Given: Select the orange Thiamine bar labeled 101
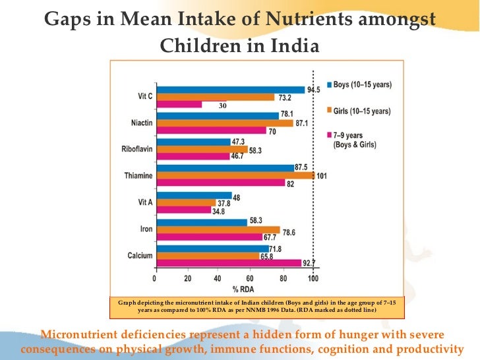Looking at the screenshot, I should click(x=235, y=176).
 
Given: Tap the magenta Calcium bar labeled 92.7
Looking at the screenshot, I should click(x=228, y=262).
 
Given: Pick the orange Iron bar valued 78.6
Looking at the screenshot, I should click(x=218, y=230).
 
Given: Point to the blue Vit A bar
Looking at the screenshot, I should click(x=193, y=196).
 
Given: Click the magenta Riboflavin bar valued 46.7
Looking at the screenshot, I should click(x=192, y=156).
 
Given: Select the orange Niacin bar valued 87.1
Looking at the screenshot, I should click(x=224, y=123).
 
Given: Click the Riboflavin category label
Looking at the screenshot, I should click(x=136, y=149).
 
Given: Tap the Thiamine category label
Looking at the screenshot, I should click(x=137, y=176).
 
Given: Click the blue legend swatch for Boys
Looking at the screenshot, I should click(x=328, y=84).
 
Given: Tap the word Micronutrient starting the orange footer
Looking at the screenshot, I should click(x=86, y=332).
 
